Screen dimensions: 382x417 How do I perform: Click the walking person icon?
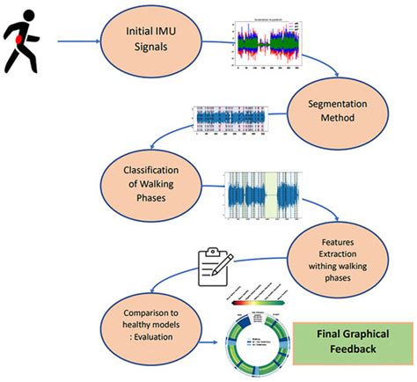point(23,40)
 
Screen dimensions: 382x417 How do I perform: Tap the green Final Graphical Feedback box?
point(356,341)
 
